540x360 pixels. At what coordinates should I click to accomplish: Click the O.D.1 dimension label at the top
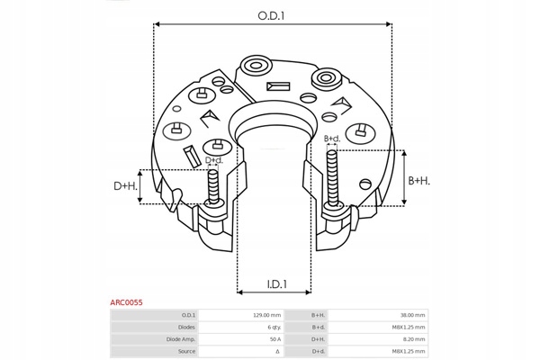tap(271, 15)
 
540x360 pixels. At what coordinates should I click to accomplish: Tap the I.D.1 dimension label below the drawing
tap(276, 285)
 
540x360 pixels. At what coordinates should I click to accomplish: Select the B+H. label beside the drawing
tap(419, 181)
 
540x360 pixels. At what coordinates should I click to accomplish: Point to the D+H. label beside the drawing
tap(125, 186)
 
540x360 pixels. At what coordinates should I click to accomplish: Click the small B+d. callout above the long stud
tap(331, 138)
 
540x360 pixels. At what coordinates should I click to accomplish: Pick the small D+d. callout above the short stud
tap(213, 160)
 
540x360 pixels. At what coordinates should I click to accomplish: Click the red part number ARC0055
tap(126, 303)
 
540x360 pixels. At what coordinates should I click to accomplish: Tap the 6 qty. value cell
tap(273, 327)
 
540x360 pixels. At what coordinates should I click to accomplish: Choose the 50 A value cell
tap(274, 339)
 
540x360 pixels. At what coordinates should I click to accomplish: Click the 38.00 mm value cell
tap(413, 315)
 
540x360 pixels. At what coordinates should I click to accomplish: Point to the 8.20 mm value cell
tap(414, 339)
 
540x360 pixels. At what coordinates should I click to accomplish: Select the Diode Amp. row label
tap(181, 339)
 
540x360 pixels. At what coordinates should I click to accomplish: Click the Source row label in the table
tap(186, 351)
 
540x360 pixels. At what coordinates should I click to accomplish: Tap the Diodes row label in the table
tap(185, 327)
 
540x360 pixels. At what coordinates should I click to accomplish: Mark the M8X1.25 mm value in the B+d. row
tap(409, 327)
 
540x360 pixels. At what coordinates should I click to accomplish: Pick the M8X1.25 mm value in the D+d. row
tap(409, 351)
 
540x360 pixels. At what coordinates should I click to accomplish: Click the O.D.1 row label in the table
tap(187, 315)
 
